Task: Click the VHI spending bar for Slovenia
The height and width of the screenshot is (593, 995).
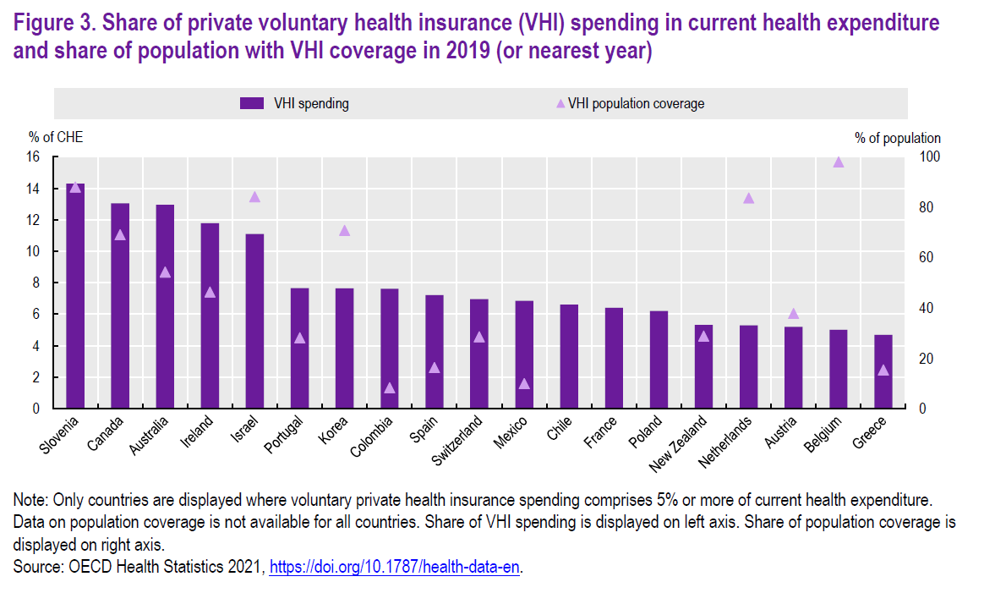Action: (75, 296)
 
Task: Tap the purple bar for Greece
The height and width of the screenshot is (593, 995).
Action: (883, 371)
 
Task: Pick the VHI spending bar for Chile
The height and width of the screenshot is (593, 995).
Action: (569, 356)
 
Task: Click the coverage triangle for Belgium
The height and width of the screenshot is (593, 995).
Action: (838, 162)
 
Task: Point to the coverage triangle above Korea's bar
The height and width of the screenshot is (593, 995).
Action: (344, 230)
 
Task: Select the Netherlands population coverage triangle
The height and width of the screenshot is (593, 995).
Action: (748, 198)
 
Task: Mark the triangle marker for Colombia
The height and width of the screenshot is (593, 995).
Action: (390, 388)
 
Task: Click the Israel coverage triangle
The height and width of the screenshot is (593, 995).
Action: (254, 197)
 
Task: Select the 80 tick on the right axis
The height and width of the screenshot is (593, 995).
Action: (925, 208)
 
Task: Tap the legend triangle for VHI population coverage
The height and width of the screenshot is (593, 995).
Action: (560, 104)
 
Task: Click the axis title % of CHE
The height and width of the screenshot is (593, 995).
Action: (56, 137)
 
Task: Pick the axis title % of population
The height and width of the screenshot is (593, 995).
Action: (897, 138)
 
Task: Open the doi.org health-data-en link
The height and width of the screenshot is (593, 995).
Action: (394, 567)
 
